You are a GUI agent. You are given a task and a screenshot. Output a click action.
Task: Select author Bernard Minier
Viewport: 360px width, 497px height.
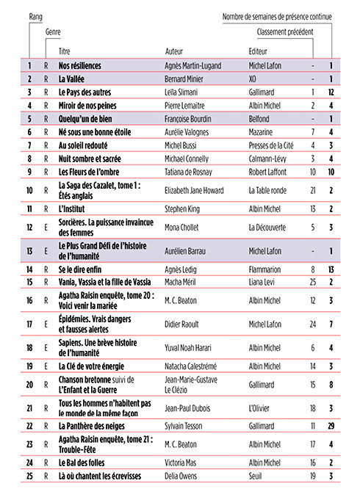[187, 79]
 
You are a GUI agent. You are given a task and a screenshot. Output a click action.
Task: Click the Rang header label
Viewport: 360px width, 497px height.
[35, 15]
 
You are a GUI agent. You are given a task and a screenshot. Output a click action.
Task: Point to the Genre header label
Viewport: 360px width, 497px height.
[53, 32]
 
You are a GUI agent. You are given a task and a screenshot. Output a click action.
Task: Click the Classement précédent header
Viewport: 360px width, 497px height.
[285, 32]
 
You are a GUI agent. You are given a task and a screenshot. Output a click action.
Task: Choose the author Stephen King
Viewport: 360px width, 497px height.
[184, 209]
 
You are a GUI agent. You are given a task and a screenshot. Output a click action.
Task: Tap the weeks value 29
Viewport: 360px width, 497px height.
[332, 426]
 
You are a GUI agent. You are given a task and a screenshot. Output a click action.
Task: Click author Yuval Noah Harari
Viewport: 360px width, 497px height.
[193, 347]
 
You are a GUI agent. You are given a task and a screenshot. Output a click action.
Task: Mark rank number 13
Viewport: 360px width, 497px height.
[29, 251]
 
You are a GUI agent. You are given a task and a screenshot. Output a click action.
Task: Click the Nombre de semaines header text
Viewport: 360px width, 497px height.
[278, 15]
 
